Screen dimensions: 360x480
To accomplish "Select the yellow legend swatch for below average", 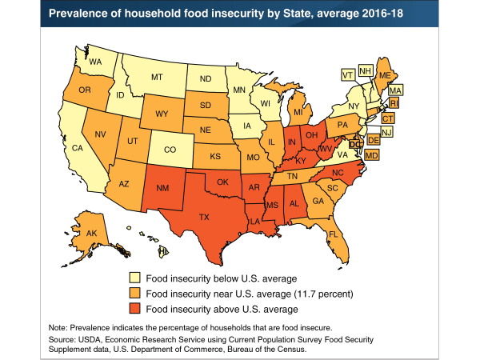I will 135,277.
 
